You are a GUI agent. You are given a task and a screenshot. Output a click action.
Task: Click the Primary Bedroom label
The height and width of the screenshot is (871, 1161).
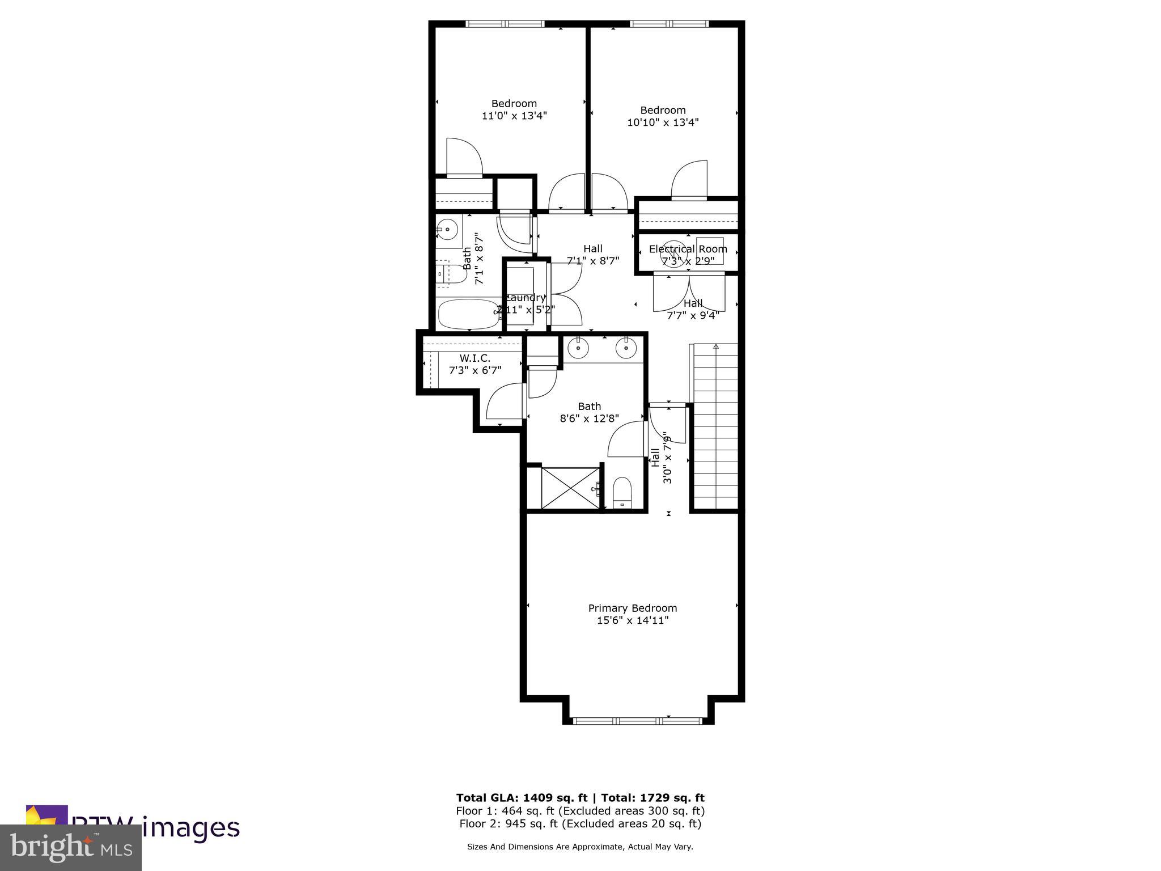[632, 608]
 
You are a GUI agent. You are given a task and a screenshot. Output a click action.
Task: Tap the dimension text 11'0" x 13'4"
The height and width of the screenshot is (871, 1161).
[514, 116]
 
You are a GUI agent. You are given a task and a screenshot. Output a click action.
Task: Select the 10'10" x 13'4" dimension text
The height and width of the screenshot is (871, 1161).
[662, 122]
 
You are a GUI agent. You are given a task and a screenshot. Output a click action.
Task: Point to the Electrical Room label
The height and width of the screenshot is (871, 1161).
[688, 249]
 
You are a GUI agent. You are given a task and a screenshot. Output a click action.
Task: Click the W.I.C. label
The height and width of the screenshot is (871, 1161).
[474, 358]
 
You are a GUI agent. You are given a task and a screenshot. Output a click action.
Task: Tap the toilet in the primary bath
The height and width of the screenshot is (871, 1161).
[622, 492]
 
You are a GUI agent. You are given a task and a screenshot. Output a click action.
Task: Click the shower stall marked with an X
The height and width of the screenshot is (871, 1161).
[570, 488]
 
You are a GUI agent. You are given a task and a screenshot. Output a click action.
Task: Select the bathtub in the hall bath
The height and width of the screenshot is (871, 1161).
[468, 314]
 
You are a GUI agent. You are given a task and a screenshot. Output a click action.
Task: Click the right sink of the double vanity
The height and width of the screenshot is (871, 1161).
[626, 349]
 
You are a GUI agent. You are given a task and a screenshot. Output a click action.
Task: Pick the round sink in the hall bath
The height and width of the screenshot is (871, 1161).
[447, 230]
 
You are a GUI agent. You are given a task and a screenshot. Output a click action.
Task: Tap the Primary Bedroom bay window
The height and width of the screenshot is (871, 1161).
[637, 721]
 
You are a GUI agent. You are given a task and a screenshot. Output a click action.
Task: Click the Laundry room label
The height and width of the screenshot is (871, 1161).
[526, 298]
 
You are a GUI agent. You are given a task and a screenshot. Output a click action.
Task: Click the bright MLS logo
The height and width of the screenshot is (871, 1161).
[71, 847]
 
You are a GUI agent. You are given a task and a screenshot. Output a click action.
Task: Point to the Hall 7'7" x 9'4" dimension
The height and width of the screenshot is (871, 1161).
[693, 315]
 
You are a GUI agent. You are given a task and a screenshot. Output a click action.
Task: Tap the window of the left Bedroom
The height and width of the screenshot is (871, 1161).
[505, 24]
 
